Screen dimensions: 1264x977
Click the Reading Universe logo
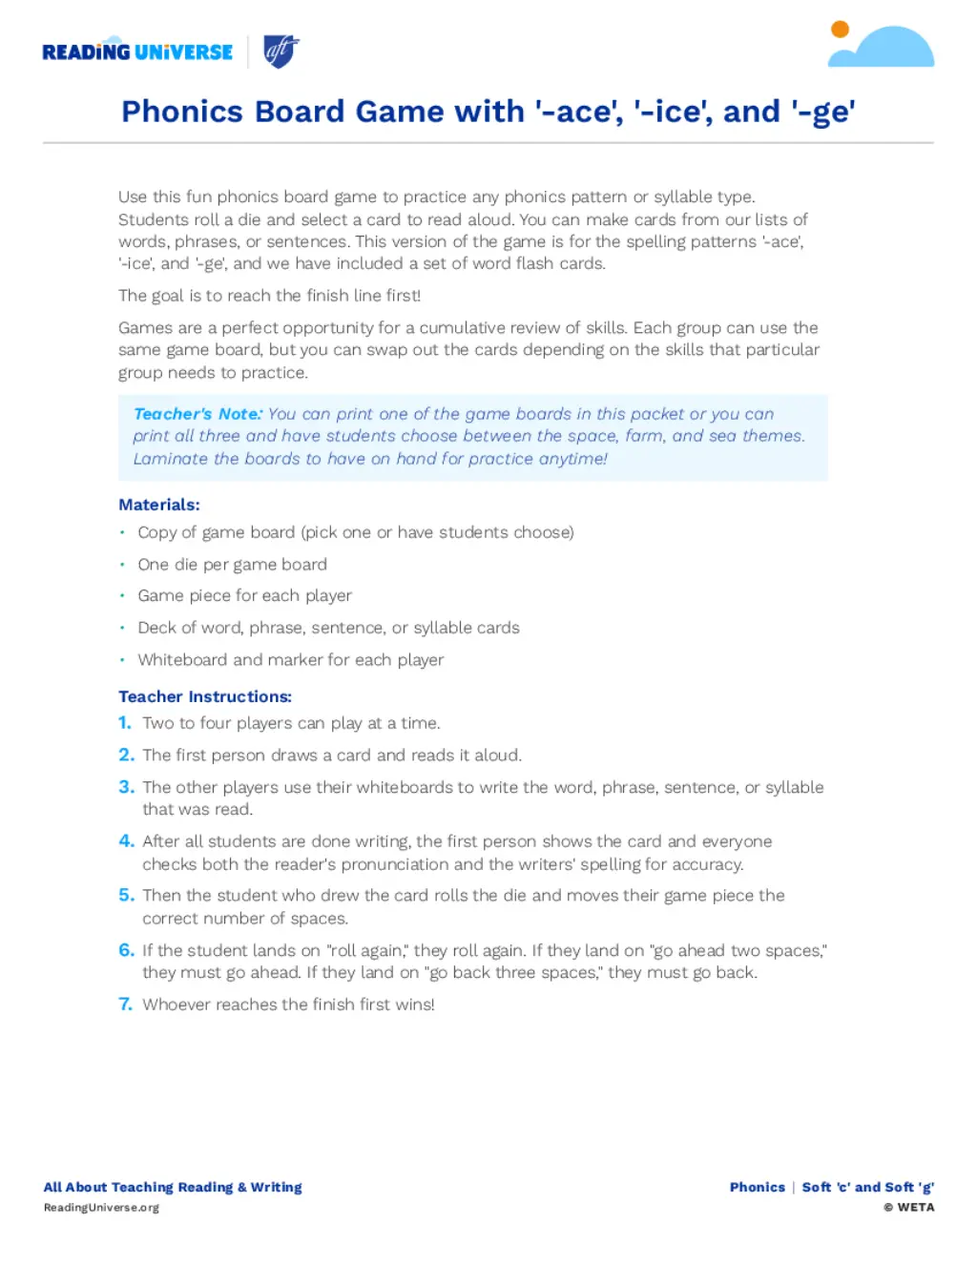pyautogui.click(x=137, y=52)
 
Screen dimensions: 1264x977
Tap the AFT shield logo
pyautogui.click(x=281, y=51)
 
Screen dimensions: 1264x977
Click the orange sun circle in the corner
pyautogui.click(x=840, y=30)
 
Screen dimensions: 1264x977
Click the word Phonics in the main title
pyautogui.click(x=182, y=112)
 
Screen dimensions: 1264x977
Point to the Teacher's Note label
pyautogui.click(x=197, y=414)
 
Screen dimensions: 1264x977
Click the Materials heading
pyautogui.click(x=159, y=505)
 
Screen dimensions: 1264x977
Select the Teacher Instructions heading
pyautogui.click(x=205, y=696)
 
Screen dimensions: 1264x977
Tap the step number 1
pyautogui.click(x=124, y=723)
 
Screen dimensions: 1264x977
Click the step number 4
pyautogui.click(x=126, y=841)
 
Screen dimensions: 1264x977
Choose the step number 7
pyautogui.click(x=125, y=1005)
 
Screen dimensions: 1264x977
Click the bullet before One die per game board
pyautogui.click(x=122, y=564)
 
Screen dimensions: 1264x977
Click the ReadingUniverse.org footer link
pyautogui.click(x=101, y=1208)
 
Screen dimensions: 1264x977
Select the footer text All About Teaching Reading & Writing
pyautogui.click(x=173, y=1187)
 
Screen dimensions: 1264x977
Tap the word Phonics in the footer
pyautogui.click(x=757, y=1187)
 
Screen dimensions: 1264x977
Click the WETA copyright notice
pyautogui.click(x=908, y=1208)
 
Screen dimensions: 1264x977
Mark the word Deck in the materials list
pyautogui.click(x=155, y=628)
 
